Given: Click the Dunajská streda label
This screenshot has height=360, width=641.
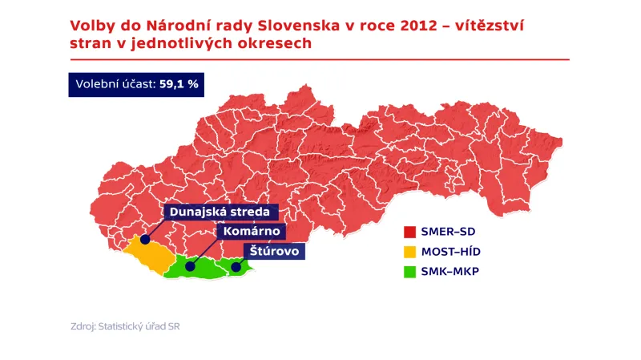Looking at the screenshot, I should coord(222,212).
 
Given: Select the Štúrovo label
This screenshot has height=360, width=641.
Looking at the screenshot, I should coord(275,250).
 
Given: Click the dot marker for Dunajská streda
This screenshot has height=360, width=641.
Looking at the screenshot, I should coord(145,239).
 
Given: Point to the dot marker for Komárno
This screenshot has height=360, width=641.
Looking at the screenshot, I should coord(191,266).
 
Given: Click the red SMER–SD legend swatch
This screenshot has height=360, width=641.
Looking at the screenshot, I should coord(409,233).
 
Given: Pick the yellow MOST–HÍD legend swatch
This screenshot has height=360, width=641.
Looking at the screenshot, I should coord(409,252).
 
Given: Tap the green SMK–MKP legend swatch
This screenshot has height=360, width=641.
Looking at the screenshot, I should coord(409,271).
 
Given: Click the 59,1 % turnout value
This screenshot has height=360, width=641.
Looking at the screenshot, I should coord(179,84).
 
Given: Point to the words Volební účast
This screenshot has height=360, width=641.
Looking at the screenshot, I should coord(115,84).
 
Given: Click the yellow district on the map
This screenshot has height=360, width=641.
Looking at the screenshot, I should coord(149,256).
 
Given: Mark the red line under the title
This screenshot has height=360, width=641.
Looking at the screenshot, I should coord(320,59).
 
